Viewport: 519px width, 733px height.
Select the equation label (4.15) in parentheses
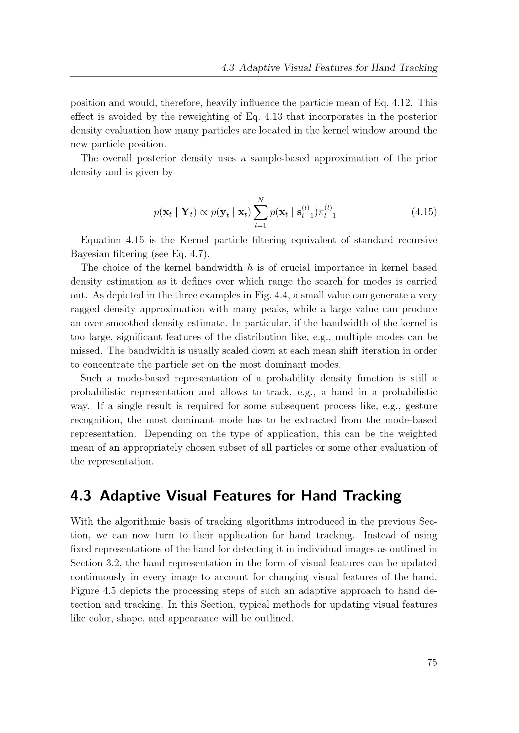(424, 212)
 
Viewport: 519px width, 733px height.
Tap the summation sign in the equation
(260, 212)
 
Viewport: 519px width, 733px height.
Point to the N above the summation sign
(261, 200)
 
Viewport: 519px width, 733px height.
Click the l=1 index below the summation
(260, 226)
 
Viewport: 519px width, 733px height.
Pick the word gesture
(421, 406)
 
